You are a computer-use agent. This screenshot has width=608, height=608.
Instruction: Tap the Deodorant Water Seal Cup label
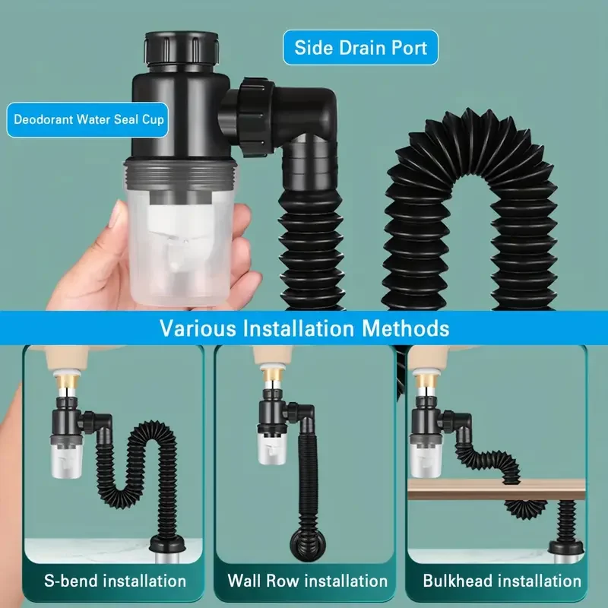(87, 120)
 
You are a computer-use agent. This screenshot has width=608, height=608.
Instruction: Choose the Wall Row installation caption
(307, 581)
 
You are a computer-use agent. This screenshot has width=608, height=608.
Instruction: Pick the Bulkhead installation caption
(502, 581)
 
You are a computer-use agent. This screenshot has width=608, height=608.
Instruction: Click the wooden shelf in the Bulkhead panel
(494, 490)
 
